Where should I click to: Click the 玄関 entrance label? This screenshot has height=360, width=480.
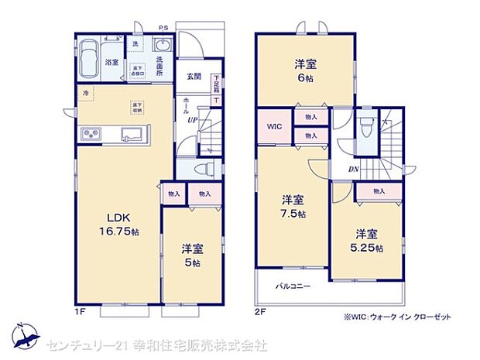click(193, 76)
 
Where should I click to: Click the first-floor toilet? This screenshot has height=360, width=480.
click(202, 169)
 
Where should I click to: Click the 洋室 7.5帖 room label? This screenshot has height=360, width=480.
click(293, 205)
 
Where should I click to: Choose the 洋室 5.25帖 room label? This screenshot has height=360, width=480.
click(369, 240)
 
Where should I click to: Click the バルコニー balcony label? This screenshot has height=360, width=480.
click(293, 286)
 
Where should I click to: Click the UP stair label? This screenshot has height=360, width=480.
click(190, 118)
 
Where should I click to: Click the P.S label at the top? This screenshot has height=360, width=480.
click(163, 28)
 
